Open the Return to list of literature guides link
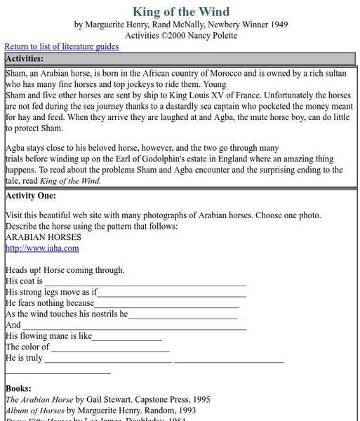coord(62,46)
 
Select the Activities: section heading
coord(25,58)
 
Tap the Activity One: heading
coord(30,195)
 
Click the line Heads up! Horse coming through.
coord(65,270)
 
